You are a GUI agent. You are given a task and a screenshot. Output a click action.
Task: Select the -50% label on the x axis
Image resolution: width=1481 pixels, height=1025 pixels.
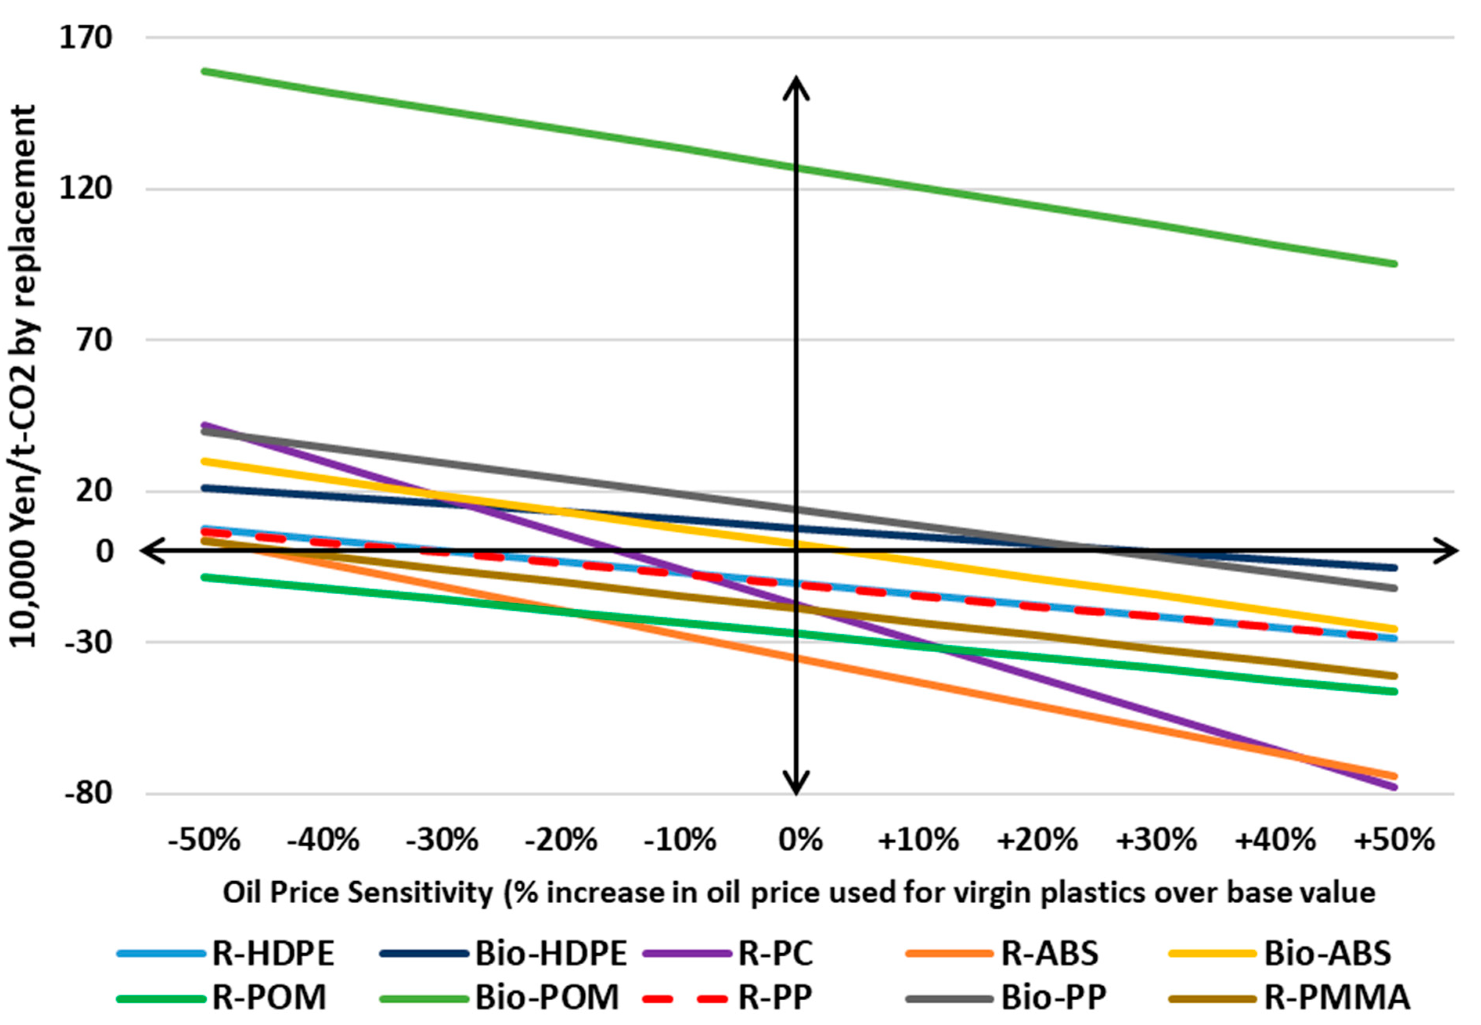pyautogui.click(x=204, y=840)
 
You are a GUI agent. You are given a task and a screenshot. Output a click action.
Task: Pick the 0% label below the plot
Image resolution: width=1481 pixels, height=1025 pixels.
pyautogui.click(x=800, y=840)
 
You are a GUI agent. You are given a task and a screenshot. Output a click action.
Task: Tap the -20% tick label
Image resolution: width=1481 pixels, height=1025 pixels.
pyautogui.click(x=561, y=840)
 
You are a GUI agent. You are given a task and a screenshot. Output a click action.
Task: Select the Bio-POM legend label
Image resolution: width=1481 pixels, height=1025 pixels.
pyautogui.click(x=499, y=997)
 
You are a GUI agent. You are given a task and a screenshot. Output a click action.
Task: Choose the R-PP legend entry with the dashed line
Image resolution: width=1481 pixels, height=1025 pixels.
pyautogui.click(x=727, y=997)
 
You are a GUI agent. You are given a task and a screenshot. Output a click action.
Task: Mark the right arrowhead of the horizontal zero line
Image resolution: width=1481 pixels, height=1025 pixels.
pyautogui.click(x=1446, y=550)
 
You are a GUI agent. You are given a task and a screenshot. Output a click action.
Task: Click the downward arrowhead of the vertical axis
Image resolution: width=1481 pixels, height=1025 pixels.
pyautogui.click(x=796, y=785)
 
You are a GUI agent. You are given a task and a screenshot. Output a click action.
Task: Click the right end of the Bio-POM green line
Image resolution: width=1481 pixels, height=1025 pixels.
pyautogui.click(x=1395, y=264)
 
